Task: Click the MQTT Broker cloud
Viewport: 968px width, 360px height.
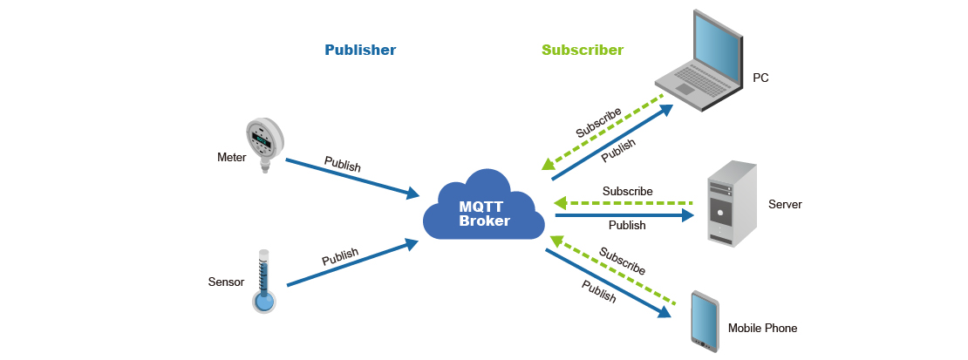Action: (484, 209)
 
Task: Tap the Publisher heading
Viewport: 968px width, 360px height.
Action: (360, 50)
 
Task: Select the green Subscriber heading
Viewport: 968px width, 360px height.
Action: (583, 50)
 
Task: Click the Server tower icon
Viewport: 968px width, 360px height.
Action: (731, 203)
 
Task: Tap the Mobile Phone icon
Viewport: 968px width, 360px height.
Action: (704, 320)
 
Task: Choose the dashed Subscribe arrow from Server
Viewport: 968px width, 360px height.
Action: (624, 204)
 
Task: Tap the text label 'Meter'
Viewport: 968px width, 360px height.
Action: (232, 158)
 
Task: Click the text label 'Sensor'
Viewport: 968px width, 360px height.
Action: (226, 282)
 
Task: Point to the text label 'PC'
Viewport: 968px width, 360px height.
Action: (760, 78)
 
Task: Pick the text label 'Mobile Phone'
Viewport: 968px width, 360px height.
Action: (762, 329)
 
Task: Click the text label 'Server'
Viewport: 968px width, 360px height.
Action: (785, 205)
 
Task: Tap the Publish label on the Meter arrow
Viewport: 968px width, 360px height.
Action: (342, 164)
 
